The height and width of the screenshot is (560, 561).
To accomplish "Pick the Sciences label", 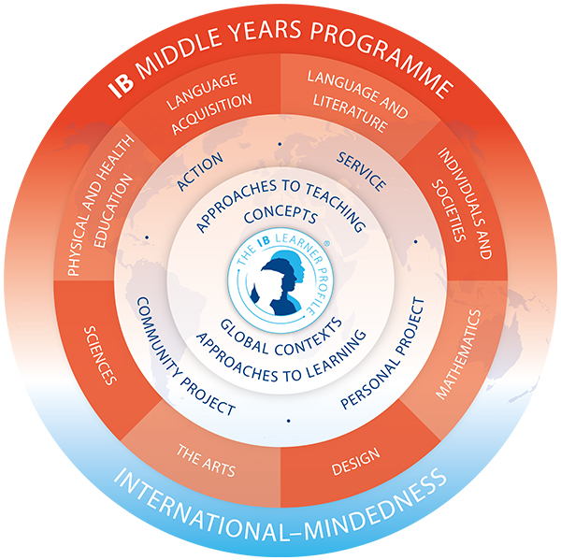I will (99, 356).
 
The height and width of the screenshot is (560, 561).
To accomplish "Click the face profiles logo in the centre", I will (280, 276).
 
